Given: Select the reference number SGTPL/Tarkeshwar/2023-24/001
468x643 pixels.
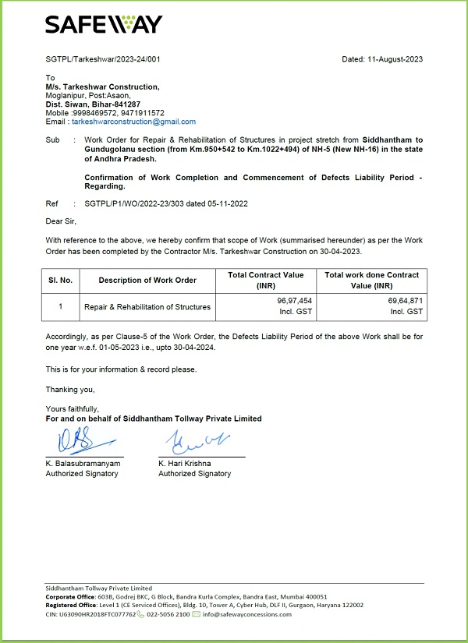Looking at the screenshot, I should tap(103, 59).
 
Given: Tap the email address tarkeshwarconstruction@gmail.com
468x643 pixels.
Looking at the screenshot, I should tap(133, 122).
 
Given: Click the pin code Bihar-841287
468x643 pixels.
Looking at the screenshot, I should tap(117, 104).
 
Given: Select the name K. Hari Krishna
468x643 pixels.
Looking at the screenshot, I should tap(185, 464).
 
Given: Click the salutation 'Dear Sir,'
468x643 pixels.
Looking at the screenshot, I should tap(62, 221).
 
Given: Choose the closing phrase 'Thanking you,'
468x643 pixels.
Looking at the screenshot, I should tap(69, 389).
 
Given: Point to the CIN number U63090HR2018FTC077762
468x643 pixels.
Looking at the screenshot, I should tap(90, 614).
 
